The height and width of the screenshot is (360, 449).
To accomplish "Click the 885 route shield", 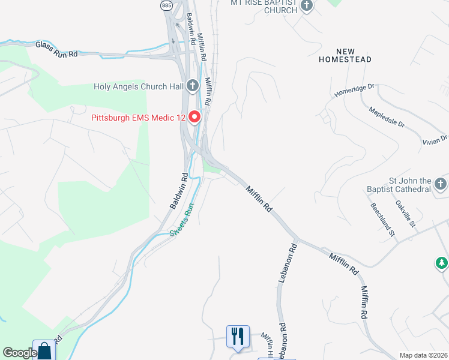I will pyautogui.click(x=166, y=5).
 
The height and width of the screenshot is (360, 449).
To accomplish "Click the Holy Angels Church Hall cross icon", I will pyautogui.click(x=193, y=86).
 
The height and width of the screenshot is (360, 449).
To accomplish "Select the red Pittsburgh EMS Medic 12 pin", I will pyautogui.click(x=194, y=116).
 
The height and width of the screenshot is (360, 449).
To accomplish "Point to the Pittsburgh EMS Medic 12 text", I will pyautogui.click(x=138, y=118).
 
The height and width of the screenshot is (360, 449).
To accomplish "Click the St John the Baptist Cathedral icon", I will pyautogui.click(x=441, y=184).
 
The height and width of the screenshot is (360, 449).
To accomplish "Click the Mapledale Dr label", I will pyautogui.click(x=387, y=118).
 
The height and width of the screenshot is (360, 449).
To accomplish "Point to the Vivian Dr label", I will pyautogui.click(x=435, y=139).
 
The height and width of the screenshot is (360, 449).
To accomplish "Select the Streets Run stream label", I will pyautogui.click(x=182, y=220).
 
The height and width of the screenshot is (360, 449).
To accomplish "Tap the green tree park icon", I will pyautogui.click(x=441, y=263).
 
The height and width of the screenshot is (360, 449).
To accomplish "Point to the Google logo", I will pyautogui.click(x=19, y=353).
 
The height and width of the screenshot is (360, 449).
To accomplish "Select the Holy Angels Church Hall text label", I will pyautogui.click(x=138, y=86).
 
